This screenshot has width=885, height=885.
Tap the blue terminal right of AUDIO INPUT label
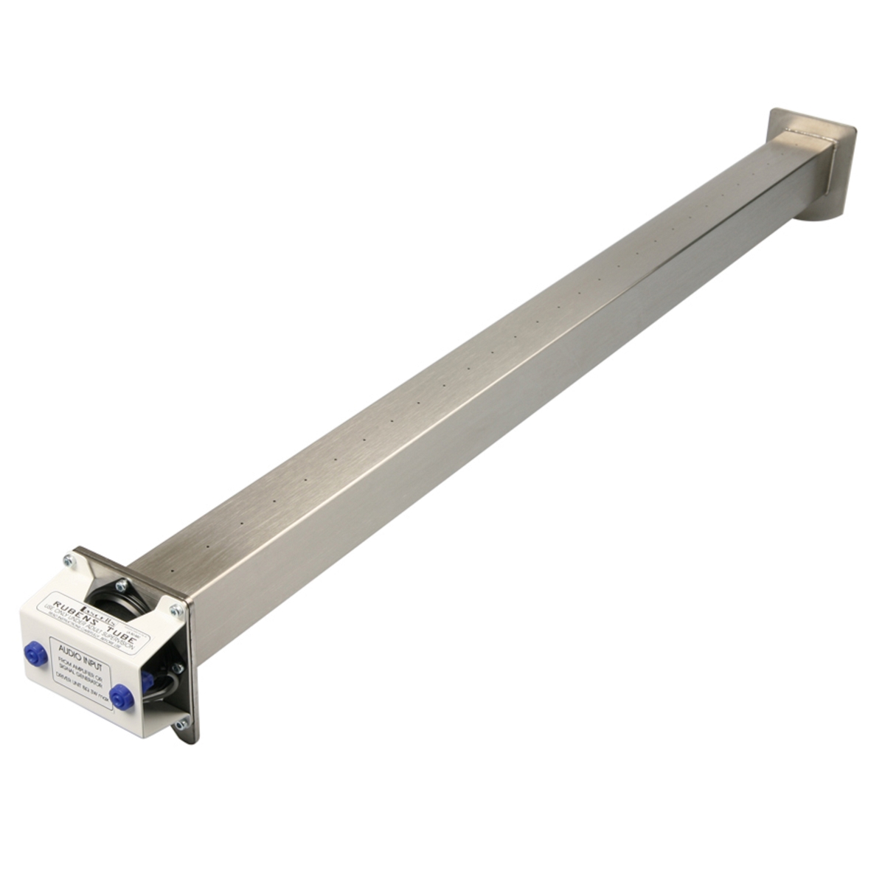pos(121,695)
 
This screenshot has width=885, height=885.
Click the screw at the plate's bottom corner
pos(180,724)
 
